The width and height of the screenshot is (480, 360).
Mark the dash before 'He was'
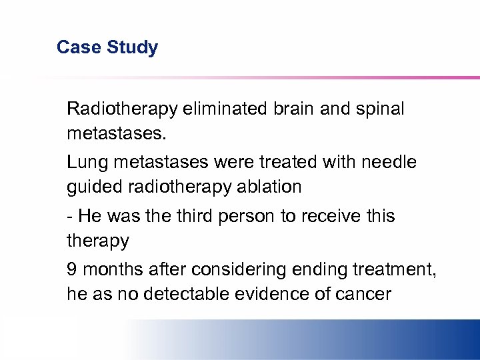[x=70, y=217]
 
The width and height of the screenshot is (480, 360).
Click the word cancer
[x=366, y=294]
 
